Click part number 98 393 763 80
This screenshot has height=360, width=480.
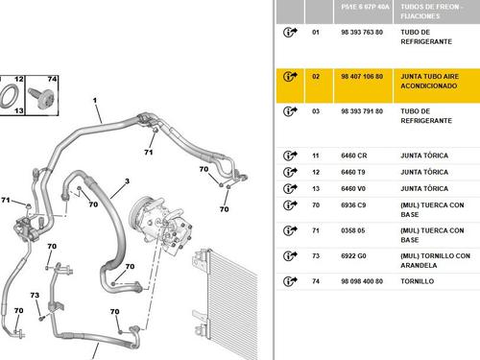pyautogui.click(x=362, y=33)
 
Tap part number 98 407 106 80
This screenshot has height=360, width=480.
pyautogui.click(x=362, y=77)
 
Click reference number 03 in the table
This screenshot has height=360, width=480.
pyautogui.click(x=316, y=111)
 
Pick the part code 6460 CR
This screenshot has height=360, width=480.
pyautogui.click(x=354, y=156)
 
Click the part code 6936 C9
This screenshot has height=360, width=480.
pyautogui.click(x=353, y=205)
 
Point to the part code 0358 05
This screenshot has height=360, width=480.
pyautogui.click(x=353, y=230)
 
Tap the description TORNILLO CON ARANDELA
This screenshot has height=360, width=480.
pyautogui.click(x=435, y=260)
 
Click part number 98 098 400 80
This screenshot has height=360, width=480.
pyautogui.click(x=362, y=281)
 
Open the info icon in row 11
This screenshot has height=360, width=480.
pyautogui.click(x=290, y=156)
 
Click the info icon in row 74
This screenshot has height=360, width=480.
pyautogui.click(x=290, y=281)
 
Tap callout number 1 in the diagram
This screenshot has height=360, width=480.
pyautogui.click(x=95, y=101)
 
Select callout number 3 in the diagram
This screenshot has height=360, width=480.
pyautogui.click(x=127, y=181)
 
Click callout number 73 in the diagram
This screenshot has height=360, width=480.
pyautogui.click(x=35, y=295)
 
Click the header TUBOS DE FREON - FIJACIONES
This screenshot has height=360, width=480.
pyautogui.click(x=430, y=12)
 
